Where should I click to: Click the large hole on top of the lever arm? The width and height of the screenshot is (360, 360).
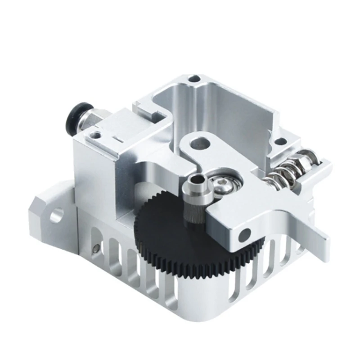(x=199, y=144)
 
